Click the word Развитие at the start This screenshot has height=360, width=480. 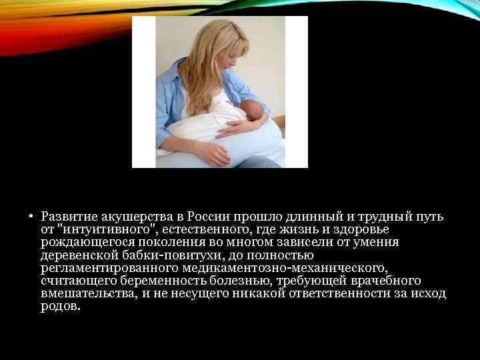69,217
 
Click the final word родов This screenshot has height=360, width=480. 59,307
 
